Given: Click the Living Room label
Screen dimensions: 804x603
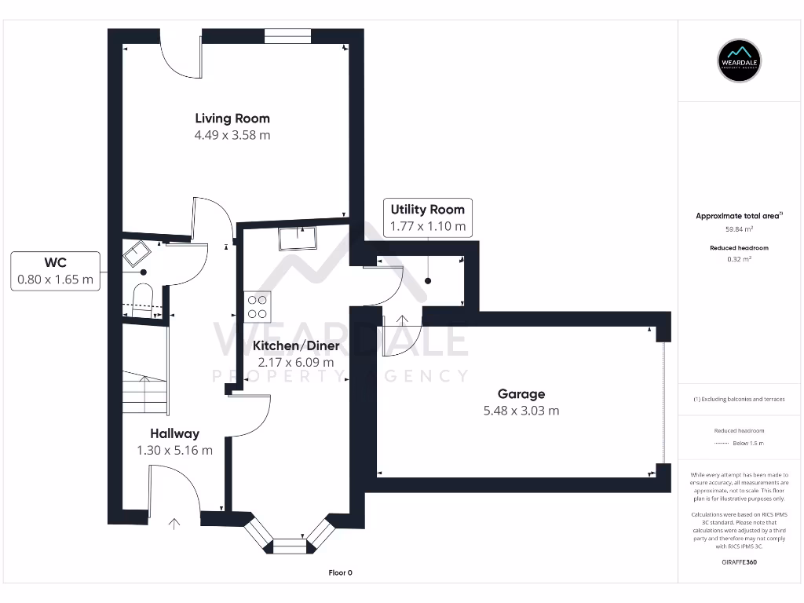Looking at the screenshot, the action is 232,119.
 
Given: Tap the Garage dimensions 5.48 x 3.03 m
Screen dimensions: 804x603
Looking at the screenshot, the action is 521,411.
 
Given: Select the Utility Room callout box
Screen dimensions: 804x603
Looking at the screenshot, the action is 428,217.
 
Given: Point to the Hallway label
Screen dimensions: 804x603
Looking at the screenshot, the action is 174,433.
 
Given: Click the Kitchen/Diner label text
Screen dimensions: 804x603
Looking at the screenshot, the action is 296,346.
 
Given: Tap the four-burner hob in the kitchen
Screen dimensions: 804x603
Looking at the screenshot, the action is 258,307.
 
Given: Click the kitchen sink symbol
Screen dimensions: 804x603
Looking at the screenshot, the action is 298,239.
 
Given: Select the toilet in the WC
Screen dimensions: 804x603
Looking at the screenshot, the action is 143,301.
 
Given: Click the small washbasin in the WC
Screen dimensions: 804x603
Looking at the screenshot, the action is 137,254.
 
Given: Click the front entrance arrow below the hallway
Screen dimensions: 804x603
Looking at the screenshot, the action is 174,524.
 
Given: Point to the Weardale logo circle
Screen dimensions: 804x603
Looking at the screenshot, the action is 739,61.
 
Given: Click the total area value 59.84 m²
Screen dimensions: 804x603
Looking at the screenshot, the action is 739,229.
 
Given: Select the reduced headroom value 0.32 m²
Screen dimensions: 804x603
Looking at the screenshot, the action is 739,259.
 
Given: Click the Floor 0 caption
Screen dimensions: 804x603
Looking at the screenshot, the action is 341,572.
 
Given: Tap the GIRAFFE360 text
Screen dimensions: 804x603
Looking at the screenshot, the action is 739,562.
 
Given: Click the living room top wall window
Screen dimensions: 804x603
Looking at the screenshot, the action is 287,36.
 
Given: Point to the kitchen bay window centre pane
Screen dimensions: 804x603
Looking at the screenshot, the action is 289,546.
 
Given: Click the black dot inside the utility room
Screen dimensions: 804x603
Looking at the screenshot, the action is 428,281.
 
